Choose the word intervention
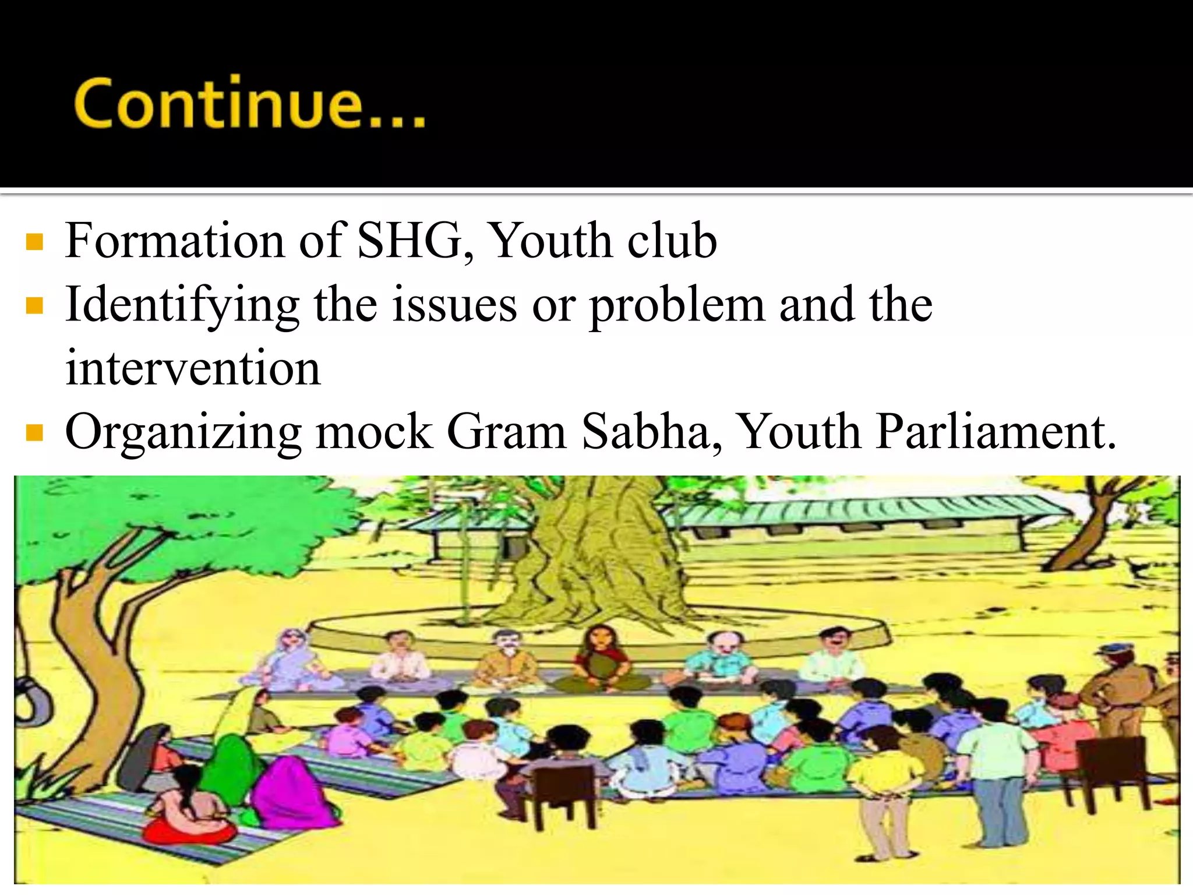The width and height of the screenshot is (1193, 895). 193,369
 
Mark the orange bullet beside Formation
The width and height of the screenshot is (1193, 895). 35,242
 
